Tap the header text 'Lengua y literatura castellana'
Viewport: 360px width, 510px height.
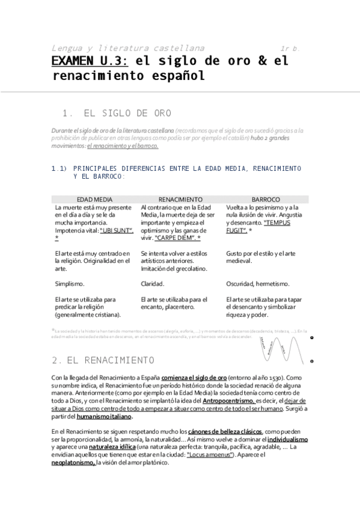tap(128, 48)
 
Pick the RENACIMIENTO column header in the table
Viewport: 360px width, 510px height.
tap(180, 198)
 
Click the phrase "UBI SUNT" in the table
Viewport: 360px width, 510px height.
tap(117, 230)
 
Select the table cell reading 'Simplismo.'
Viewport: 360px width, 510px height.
tap(70, 282)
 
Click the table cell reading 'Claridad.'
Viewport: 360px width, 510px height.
tap(153, 282)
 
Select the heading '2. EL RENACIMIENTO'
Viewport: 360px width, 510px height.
tap(103, 360)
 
